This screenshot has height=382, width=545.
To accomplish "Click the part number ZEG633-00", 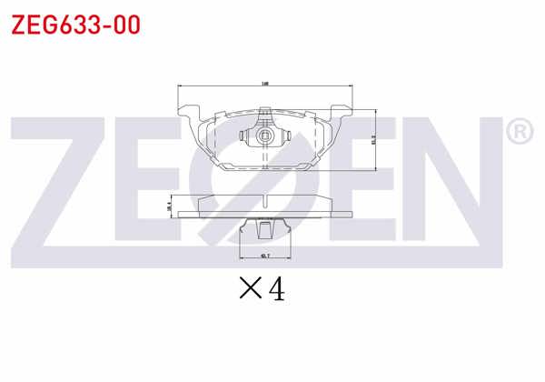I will pyautogui.click(x=75, y=25).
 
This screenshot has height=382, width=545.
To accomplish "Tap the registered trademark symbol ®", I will pyautogui.click(x=518, y=133).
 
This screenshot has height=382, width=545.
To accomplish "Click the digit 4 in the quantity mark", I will pyautogui.click(x=276, y=289).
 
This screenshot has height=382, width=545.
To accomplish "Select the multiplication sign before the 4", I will pyautogui.click(x=250, y=290).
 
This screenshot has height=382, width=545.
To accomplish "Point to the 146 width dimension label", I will pyautogui.click(x=264, y=84).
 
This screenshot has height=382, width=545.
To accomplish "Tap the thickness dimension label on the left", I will pyautogui.click(x=169, y=207).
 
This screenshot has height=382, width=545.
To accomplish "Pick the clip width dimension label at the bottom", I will pyautogui.click(x=264, y=256).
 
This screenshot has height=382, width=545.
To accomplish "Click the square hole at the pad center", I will pyautogui.click(x=264, y=137).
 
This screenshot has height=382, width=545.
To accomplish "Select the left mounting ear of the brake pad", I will pyautogui.click(x=189, y=114).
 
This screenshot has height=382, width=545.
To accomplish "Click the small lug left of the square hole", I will pyautogui.click(x=244, y=137).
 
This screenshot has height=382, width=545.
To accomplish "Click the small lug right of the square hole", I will pyautogui.click(x=284, y=137).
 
